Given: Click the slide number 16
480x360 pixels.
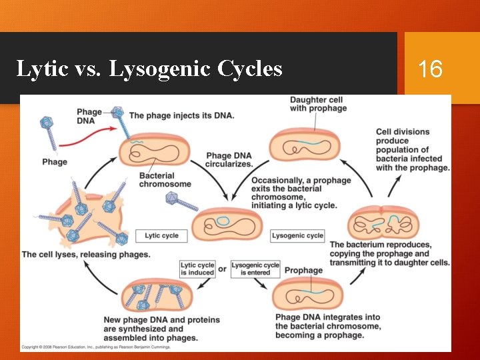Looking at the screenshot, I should [430, 68].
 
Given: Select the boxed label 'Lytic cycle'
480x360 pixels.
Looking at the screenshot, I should [161, 235].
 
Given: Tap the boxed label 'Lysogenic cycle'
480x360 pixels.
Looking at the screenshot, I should [297, 235].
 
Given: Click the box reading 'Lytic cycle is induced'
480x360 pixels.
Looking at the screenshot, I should [197, 269].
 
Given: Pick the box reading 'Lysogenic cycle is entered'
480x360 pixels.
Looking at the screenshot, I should [255, 269].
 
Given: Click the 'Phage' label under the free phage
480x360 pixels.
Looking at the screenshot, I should [55, 162].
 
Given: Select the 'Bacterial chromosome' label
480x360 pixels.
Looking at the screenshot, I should [165, 180].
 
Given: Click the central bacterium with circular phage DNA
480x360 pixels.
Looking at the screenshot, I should [227, 225].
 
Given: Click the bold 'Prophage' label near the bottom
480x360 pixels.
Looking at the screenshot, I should [303, 271].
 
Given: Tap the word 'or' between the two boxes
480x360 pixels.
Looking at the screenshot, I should [223, 269].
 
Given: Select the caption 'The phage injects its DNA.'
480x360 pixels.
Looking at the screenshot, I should [181, 115].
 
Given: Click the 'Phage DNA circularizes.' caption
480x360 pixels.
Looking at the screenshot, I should [229, 160].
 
